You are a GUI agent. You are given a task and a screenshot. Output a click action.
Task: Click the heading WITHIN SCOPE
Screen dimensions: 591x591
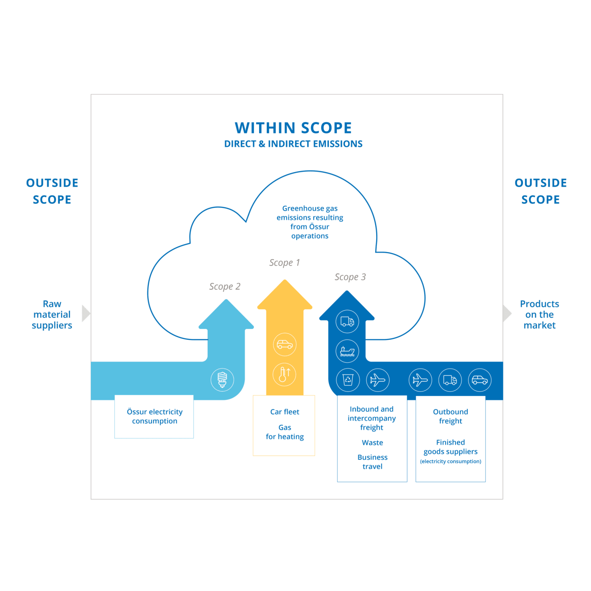click(293, 128)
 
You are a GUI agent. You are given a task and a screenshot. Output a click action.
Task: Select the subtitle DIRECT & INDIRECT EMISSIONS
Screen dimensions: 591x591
click(293, 144)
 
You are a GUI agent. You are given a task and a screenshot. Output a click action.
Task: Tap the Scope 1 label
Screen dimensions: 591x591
click(285, 263)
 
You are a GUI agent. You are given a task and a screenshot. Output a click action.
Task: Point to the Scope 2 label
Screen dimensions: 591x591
click(225, 287)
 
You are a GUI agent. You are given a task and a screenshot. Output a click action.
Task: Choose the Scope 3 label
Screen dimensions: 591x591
click(350, 277)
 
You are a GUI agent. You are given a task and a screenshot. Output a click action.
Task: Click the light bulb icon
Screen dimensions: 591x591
click(222, 380)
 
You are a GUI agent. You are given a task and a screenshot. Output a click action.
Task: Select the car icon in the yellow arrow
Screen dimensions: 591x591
click(285, 344)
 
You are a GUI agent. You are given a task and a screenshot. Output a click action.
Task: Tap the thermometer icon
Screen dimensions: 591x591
click(285, 374)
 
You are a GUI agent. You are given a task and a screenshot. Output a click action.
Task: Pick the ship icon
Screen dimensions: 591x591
click(347, 351)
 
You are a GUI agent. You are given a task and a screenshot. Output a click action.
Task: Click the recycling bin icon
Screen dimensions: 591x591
click(348, 380)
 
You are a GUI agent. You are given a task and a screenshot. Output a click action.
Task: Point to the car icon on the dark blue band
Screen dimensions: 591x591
click(480, 380)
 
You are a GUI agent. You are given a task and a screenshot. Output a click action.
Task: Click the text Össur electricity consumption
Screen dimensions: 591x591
click(155, 416)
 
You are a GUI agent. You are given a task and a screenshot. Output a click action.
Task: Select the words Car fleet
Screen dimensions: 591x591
click(285, 412)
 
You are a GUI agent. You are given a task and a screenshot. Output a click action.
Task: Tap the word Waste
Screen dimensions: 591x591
click(372, 443)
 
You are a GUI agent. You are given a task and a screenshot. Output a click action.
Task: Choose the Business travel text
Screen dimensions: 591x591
click(372, 462)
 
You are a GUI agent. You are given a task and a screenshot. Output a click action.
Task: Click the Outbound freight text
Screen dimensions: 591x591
click(450, 416)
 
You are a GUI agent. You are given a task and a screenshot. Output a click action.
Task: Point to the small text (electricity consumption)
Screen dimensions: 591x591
click(450, 461)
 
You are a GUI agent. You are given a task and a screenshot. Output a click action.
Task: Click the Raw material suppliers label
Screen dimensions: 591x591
click(52, 314)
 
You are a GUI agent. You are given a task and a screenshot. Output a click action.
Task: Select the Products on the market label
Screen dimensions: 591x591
click(539, 314)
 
